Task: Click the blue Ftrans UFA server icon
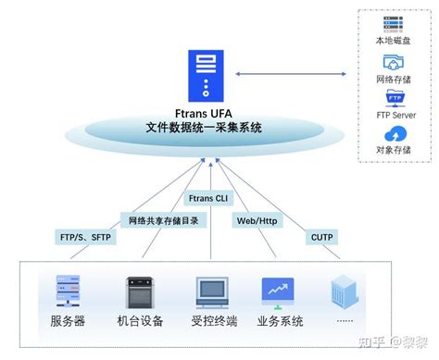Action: (204, 76)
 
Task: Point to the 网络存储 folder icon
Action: (395, 62)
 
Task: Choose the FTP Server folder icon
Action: (395, 99)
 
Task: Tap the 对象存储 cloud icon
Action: (395, 134)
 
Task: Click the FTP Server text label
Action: (395, 116)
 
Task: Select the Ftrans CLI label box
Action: (208, 198)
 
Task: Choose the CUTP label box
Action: (320, 238)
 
